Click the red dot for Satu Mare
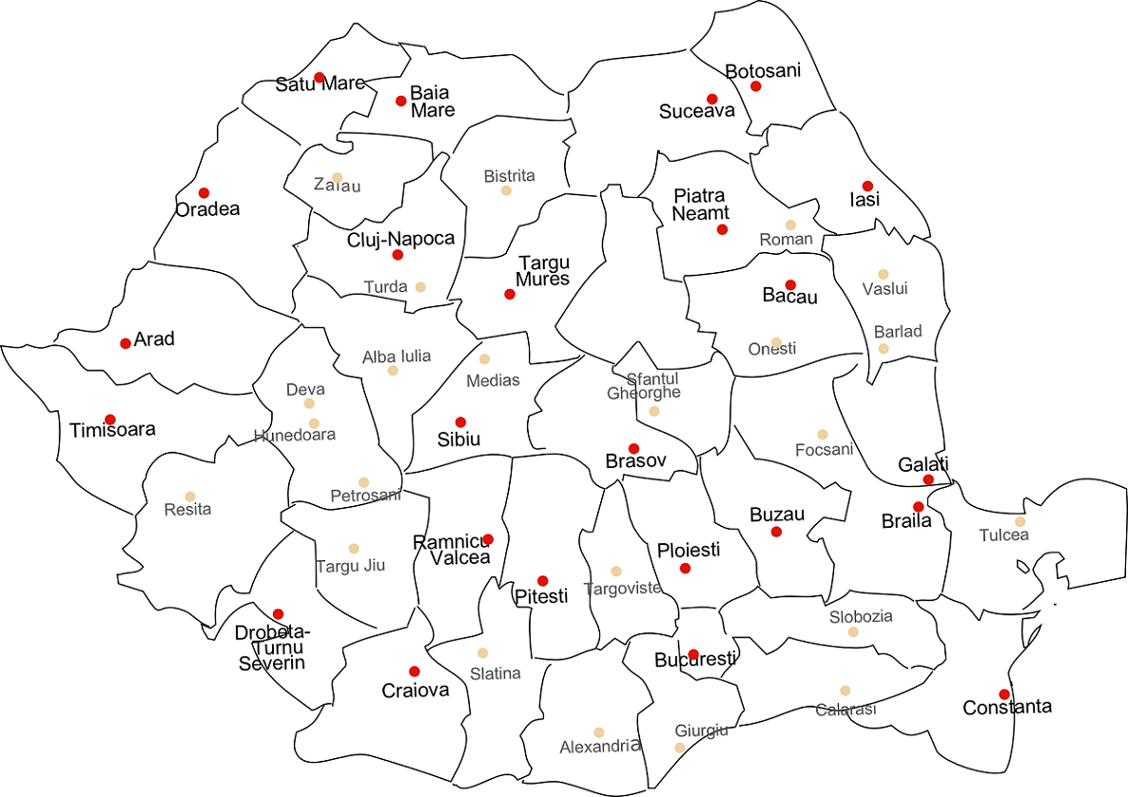coord(320,77)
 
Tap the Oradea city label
coord(207,209)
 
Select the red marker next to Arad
coord(126,343)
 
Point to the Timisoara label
coord(112,430)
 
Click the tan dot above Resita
coord(190,496)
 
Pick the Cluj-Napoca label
coord(400,239)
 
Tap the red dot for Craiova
coord(414,671)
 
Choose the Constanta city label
coord(1007,708)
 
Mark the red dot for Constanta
coord(1004,694)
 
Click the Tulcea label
coord(1004,535)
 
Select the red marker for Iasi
coord(867,185)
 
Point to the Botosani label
coord(763,71)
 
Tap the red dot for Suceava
coord(711,99)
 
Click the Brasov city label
coord(636,461)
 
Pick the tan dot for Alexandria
coord(598,732)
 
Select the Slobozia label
coord(861,616)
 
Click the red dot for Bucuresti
coord(693,654)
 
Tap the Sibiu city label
coord(458,439)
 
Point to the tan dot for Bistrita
coord(506,190)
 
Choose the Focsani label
coord(824,449)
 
